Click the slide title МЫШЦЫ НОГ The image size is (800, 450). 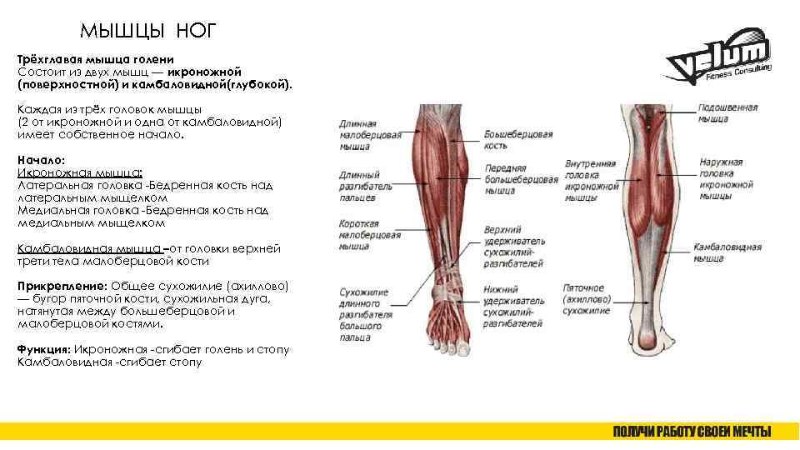click(x=147, y=32)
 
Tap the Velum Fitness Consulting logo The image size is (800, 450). click(x=718, y=62)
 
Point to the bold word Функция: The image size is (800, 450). click(x=45, y=350)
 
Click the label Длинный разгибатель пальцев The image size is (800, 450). click(x=359, y=184)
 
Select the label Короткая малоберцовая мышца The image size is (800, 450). click(x=359, y=235)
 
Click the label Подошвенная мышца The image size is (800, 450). click(x=727, y=113)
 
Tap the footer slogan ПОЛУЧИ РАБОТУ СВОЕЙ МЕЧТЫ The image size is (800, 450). click(x=692, y=431)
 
